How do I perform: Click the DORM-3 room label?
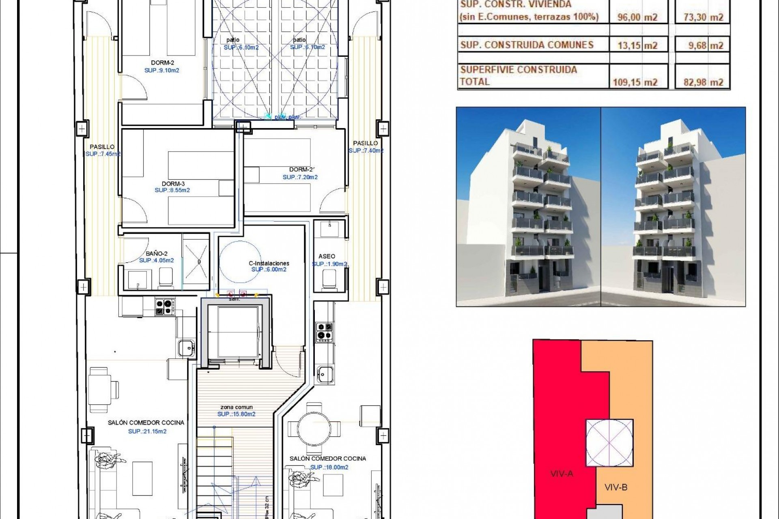173,184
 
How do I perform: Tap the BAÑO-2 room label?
156,253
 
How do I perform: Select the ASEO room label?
327,256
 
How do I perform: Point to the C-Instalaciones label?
269,263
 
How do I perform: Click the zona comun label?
237,407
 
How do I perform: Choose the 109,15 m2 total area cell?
635,82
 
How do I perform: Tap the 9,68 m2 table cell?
706,45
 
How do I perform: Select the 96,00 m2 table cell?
637,17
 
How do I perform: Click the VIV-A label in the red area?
562,473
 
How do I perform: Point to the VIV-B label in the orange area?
616,487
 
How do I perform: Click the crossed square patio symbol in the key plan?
609,443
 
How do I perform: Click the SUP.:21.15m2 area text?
147,431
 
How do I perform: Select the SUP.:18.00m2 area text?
329,467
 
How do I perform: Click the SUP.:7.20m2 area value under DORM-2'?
300,177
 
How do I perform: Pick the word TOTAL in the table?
475,81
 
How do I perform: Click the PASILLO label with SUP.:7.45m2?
102,147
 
